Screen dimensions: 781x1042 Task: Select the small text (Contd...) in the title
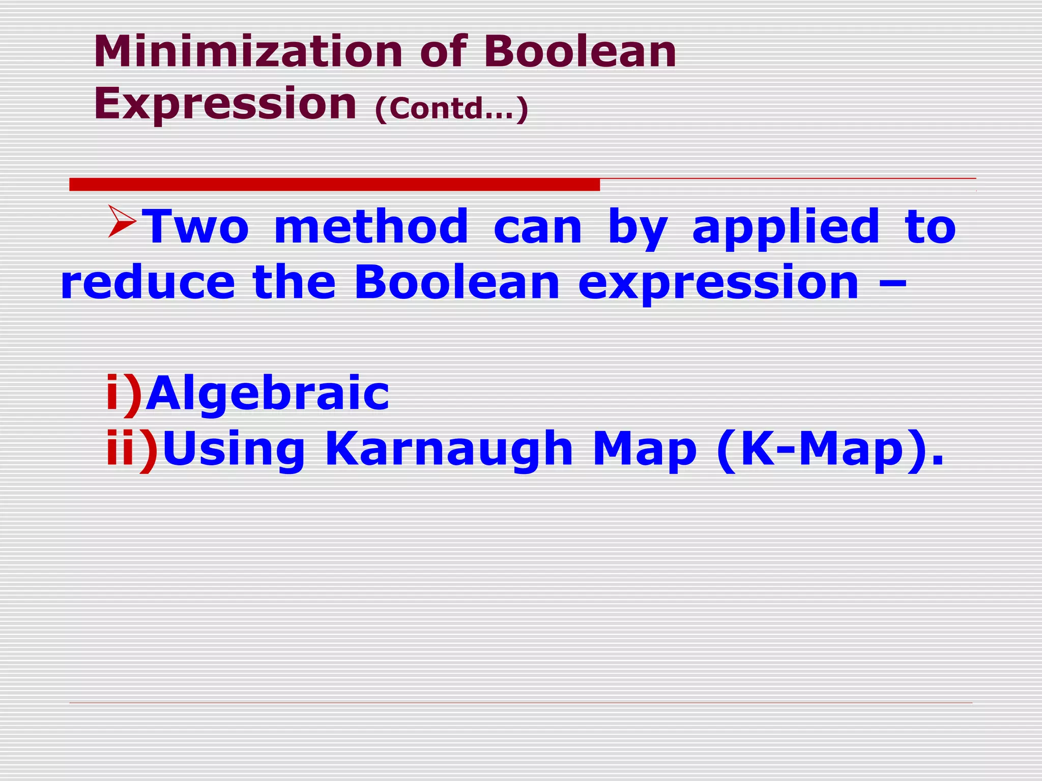(451, 108)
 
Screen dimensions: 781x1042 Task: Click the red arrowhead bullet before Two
(122, 222)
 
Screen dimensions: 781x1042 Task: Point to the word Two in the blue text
(195, 227)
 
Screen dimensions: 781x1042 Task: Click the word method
(370, 227)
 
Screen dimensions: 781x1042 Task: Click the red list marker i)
(123, 394)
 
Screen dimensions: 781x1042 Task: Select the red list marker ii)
(132, 449)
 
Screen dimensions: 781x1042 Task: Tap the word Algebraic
(268, 394)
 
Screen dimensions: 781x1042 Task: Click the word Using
(234, 449)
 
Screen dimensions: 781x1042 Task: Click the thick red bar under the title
(334, 185)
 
